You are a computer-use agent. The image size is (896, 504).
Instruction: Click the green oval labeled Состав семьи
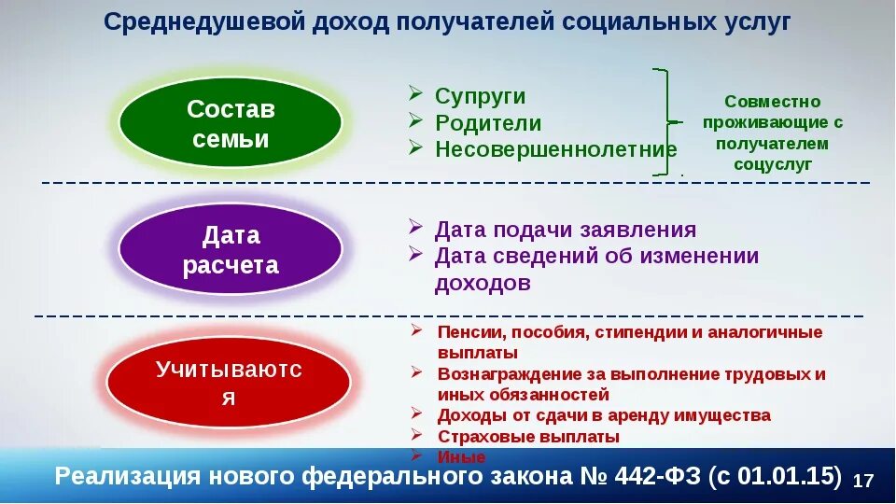pyautogui.click(x=231, y=124)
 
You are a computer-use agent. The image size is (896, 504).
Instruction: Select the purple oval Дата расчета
pyautogui.click(x=231, y=250)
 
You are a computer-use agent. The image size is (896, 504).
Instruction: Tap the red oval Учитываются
pyautogui.click(x=229, y=383)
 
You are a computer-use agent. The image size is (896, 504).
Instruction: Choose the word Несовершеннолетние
pyautogui.click(x=555, y=149)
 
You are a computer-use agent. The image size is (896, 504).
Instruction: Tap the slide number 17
pyautogui.click(x=863, y=481)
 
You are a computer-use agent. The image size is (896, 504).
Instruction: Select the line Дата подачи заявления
pyautogui.click(x=566, y=231)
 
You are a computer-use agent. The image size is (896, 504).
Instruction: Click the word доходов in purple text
pyautogui.click(x=483, y=283)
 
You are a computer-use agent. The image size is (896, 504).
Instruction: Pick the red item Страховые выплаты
pyautogui.click(x=528, y=436)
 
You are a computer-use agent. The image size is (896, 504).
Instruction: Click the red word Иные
pyautogui.click(x=461, y=457)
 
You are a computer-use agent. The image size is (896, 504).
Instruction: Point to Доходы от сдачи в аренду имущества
pyautogui.click(x=604, y=415)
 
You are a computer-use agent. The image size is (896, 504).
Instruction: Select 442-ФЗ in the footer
pyautogui.click(x=659, y=476)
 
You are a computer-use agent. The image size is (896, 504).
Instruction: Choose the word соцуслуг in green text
pyautogui.click(x=772, y=164)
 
